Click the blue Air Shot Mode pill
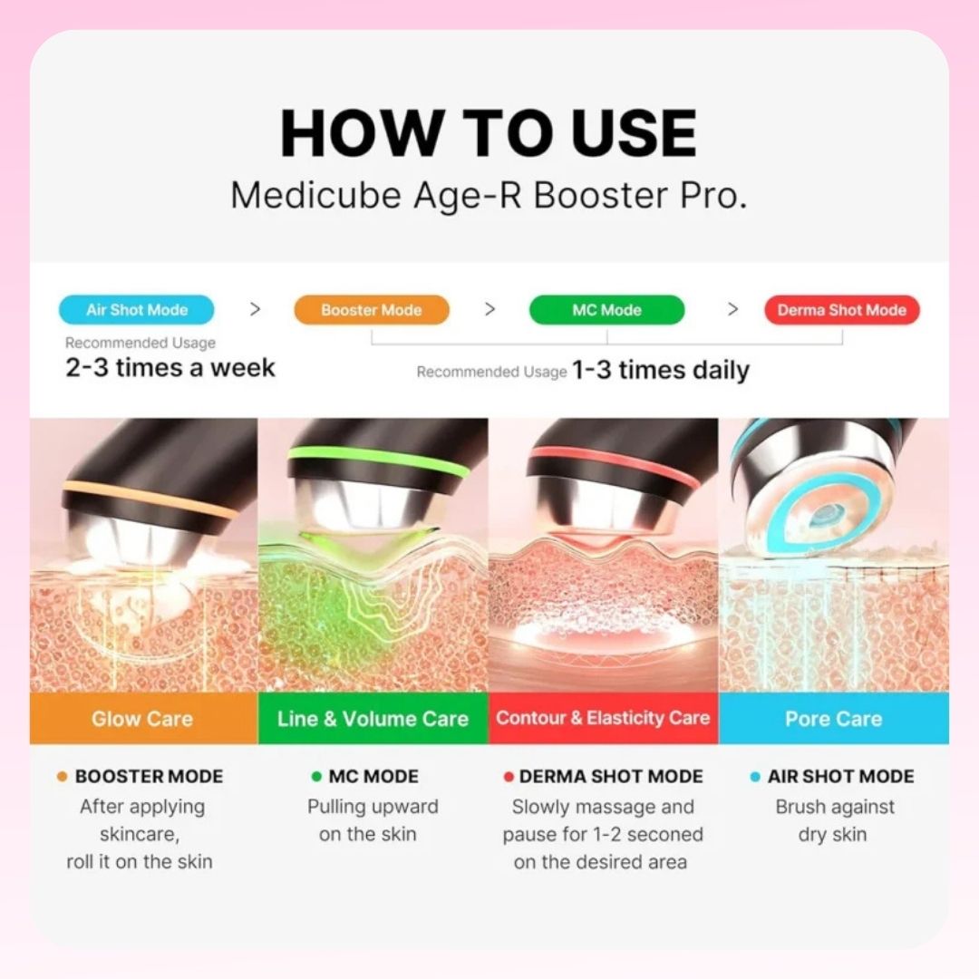pos(137,310)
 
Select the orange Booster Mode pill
pos(372,310)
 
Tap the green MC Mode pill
pos(606,310)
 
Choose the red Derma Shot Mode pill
pos(841,310)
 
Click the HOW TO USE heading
pos(489,133)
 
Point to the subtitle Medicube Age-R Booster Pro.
pos(489,196)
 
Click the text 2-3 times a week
pos(170,367)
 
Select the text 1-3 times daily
pos(661,370)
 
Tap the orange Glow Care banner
pos(143,718)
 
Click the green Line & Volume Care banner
pos(373,718)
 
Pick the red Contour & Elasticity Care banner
pos(603,718)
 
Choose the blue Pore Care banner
pos(834,718)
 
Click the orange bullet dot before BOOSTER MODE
pos(62,777)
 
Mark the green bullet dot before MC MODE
pos(316,777)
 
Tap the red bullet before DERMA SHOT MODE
pos(509,777)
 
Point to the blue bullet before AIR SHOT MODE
pos(755,777)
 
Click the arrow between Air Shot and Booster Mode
pos(255,309)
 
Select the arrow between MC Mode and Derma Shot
pos(733,309)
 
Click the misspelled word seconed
pos(665,834)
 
